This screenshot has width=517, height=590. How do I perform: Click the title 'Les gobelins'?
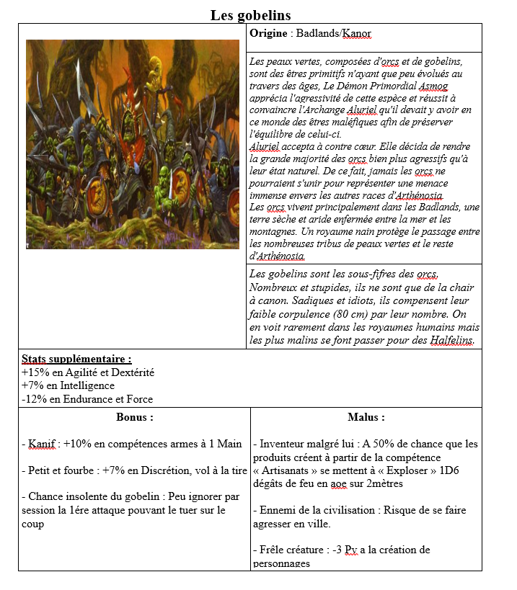point(250,15)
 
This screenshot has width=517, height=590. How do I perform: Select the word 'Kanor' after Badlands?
point(357,34)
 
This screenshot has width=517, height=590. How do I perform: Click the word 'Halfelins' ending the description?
point(451,340)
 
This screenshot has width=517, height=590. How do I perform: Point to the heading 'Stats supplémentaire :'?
point(76,359)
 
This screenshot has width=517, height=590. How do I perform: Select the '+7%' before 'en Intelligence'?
point(32,385)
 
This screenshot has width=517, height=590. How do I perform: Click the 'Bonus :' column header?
point(134,417)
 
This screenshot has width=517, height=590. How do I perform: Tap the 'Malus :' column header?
point(366,417)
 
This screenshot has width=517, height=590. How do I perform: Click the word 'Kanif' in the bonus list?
point(42,444)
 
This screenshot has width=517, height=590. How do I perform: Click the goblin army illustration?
point(133,144)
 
